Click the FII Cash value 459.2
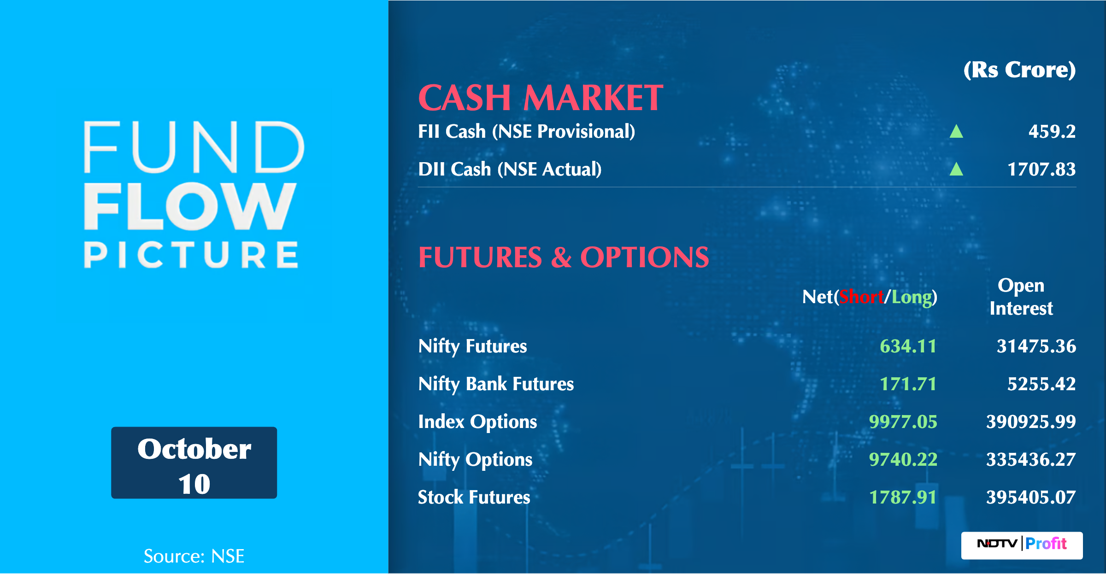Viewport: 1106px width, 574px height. tap(1052, 132)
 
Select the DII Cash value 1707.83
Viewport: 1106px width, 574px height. tap(1041, 170)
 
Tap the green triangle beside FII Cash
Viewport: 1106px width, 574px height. tap(956, 131)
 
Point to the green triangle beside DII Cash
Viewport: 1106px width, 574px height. tap(956, 169)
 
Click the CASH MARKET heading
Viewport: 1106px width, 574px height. tap(541, 98)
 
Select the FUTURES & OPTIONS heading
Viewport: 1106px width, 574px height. tap(564, 257)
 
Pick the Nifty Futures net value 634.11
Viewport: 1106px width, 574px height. tap(908, 346)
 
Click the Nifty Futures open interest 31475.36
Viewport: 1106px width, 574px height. tap(1036, 346)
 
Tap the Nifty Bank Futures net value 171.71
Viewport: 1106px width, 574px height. tap(908, 384)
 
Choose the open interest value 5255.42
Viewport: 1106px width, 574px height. tap(1041, 384)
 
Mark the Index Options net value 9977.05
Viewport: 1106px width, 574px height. tap(903, 422)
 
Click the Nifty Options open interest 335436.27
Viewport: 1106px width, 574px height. tap(1031, 460)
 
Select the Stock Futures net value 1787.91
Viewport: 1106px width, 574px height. tap(903, 498)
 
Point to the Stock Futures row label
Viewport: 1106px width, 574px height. tap(474, 498)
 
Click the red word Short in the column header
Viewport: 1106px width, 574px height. tap(861, 297)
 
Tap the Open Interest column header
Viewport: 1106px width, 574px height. tap(1021, 297)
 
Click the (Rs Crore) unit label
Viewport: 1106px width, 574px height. tap(1020, 70)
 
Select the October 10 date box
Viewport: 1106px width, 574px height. tap(194, 463)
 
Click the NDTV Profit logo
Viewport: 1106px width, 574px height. tap(1022, 545)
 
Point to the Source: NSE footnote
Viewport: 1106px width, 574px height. tap(194, 556)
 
